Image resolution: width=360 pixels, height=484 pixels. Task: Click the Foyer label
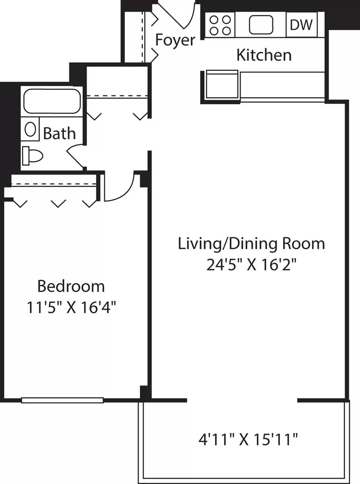(x=175, y=40)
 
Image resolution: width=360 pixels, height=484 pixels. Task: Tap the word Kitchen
(x=264, y=55)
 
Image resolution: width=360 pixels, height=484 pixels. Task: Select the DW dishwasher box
(x=301, y=25)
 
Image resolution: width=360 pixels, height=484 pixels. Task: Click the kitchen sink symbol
(x=261, y=25)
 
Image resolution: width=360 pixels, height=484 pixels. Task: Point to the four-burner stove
(x=220, y=25)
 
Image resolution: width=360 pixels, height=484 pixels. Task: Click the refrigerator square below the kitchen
(x=222, y=85)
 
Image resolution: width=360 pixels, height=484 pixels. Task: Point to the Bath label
(x=59, y=133)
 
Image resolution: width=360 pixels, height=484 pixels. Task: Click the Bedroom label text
(x=71, y=286)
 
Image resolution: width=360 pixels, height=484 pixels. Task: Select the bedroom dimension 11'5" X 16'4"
(x=71, y=307)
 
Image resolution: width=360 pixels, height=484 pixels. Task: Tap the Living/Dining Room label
(x=251, y=244)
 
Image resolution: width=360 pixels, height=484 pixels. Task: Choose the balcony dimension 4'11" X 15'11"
(x=248, y=439)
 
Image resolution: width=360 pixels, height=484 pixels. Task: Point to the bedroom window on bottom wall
(x=62, y=400)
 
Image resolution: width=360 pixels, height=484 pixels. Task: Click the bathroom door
(x=74, y=157)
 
